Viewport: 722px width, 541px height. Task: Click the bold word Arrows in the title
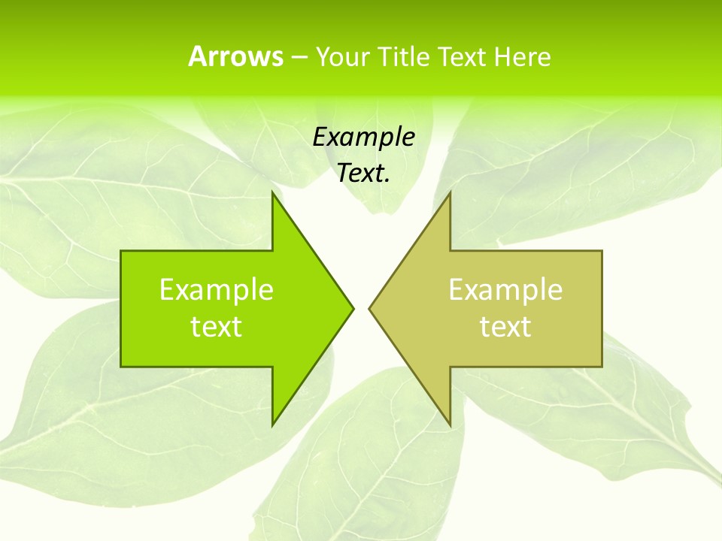(235, 56)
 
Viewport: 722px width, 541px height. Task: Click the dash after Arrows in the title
(298, 57)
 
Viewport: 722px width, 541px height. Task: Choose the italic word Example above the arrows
(363, 138)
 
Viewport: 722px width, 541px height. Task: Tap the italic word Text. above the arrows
(363, 173)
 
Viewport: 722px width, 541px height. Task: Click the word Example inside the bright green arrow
(217, 290)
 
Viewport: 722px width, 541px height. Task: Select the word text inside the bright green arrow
(217, 327)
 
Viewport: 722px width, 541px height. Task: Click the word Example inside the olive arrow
(505, 290)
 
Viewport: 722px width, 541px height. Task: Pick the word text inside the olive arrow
(505, 327)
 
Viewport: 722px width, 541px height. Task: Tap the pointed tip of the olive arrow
(370, 308)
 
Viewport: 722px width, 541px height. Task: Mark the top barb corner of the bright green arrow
(273, 193)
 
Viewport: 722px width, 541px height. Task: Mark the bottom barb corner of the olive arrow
(450, 425)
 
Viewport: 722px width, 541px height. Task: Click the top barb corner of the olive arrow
(450, 193)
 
